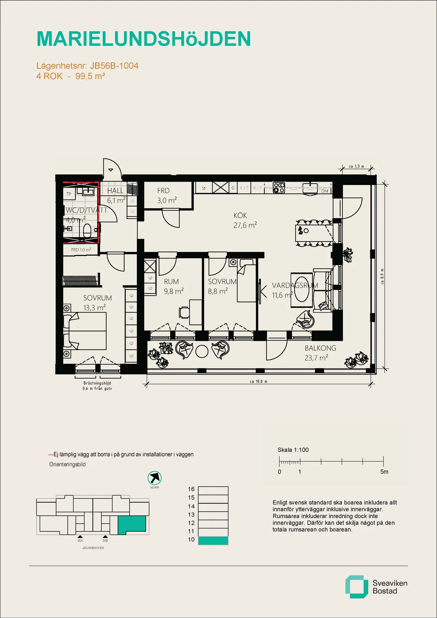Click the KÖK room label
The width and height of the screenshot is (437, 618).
point(240,216)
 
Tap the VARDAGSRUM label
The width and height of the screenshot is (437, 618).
point(295,286)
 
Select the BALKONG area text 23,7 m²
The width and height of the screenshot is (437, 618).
point(316,358)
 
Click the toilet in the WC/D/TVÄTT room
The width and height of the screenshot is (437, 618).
point(87,231)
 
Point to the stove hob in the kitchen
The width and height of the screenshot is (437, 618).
point(279,188)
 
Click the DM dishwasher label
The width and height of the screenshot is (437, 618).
point(324,191)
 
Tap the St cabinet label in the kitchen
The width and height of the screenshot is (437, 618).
point(204,188)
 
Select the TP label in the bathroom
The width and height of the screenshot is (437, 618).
point(69,194)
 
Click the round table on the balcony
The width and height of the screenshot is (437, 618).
point(202,351)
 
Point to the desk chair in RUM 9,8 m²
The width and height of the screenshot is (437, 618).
point(184,312)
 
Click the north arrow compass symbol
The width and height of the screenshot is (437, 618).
point(155,478)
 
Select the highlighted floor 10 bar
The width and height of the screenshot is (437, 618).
point(213,540)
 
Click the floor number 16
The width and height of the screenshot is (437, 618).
point(191,489)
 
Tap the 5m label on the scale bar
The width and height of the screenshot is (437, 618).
point(384,472)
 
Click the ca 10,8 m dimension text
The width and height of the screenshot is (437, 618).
point(259,382)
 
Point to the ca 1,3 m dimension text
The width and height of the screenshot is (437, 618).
point(356,166)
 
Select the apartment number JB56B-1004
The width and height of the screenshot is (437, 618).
point(114,66)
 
